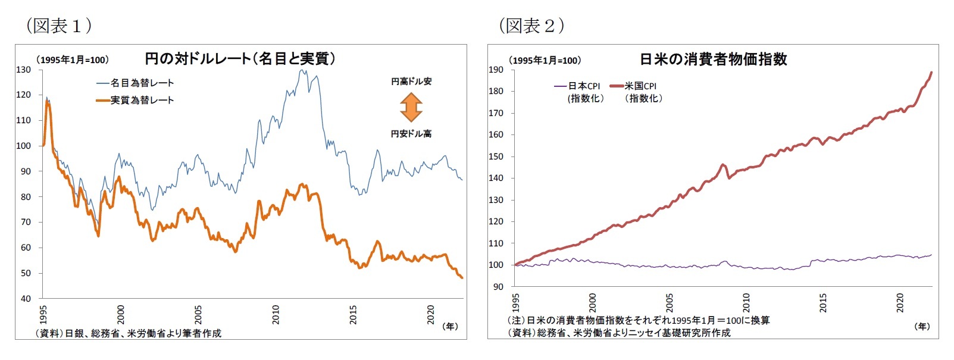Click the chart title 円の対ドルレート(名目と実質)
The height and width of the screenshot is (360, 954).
[x=240, y=58]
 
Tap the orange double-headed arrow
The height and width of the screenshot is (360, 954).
[x=411, y=108]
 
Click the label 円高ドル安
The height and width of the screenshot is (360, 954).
[x=411, y=82]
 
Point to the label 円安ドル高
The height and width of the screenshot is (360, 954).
[x=411, y=134]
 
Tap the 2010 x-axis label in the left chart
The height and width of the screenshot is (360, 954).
[x=276, y=314]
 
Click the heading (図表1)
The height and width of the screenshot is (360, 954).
[x=58, y=25]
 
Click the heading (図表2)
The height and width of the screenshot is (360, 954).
[x=531, y=25]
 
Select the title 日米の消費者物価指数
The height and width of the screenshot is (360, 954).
[x=713, y=59]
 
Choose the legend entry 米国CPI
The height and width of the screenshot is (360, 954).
[x=640, y=86]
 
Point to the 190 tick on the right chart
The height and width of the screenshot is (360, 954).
[x=496, y=70]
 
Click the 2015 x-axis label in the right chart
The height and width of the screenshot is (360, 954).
[x=822, y=302]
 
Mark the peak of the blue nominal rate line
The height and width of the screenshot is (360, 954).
[x=302, y=70]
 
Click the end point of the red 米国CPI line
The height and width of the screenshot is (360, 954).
[x=931, y=73]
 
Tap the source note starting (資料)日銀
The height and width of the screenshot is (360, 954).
[x=128, y=333]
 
